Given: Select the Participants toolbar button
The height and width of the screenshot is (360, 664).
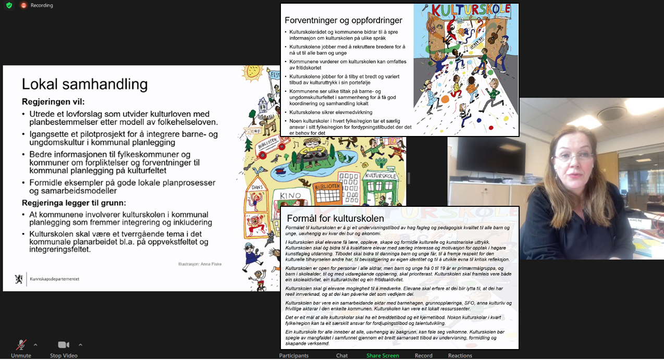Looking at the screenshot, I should (293, 356).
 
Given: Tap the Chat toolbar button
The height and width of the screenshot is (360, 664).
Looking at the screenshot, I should (342, 356).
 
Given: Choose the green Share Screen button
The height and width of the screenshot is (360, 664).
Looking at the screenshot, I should (383, 356).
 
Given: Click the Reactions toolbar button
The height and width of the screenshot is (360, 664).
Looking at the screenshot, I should (460, 356).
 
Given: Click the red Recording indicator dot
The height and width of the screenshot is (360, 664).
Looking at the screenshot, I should (23, 5).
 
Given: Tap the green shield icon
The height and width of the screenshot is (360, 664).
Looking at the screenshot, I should (9, 5).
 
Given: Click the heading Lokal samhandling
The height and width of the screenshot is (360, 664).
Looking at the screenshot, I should (84, 84).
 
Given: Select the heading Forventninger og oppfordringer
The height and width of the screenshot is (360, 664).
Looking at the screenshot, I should (343, 20).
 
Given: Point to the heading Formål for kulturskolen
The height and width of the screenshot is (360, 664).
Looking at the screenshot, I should (335, 218).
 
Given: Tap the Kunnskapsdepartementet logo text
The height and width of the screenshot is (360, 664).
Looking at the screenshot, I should (55, 279).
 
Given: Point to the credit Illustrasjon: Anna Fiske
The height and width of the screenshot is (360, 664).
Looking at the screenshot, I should (200, 264).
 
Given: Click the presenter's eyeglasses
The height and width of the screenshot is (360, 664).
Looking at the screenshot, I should (573, 156).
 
